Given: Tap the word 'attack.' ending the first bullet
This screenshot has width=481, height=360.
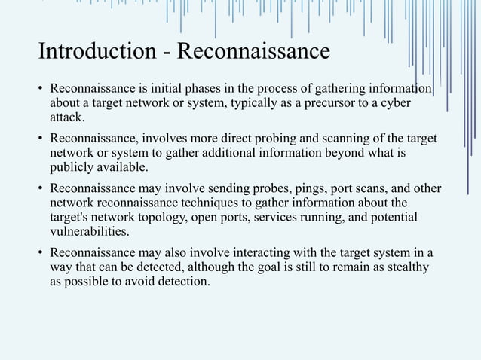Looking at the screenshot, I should pos(68,117).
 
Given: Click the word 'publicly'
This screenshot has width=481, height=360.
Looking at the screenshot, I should pos(71,167).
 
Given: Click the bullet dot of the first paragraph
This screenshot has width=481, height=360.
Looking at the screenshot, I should pos(41,90).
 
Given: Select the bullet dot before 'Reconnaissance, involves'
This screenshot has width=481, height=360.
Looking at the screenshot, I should pos(41,139).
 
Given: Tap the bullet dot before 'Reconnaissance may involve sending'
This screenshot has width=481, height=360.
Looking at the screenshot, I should pos(41,189).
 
